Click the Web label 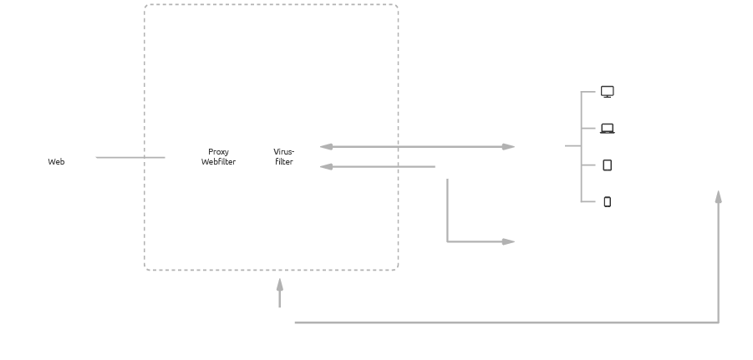click(56, 162)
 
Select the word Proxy click(218, 152)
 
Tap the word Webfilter click(218, 162)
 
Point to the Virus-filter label click(284, 157)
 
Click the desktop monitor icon click(608, 92)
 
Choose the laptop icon click(608, 129)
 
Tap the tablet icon click(608, 165)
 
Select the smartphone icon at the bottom click(608, 201)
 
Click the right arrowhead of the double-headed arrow click(508, 147)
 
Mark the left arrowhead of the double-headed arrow click(327, 147)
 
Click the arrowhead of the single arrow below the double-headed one click(327, 167)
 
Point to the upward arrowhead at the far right click(718, 197)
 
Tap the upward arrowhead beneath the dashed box click(279, 286)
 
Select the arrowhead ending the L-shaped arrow click(508, 241)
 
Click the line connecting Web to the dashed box click(130, 157)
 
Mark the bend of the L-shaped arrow click(448, 241)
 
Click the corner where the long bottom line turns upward click(718, 322)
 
